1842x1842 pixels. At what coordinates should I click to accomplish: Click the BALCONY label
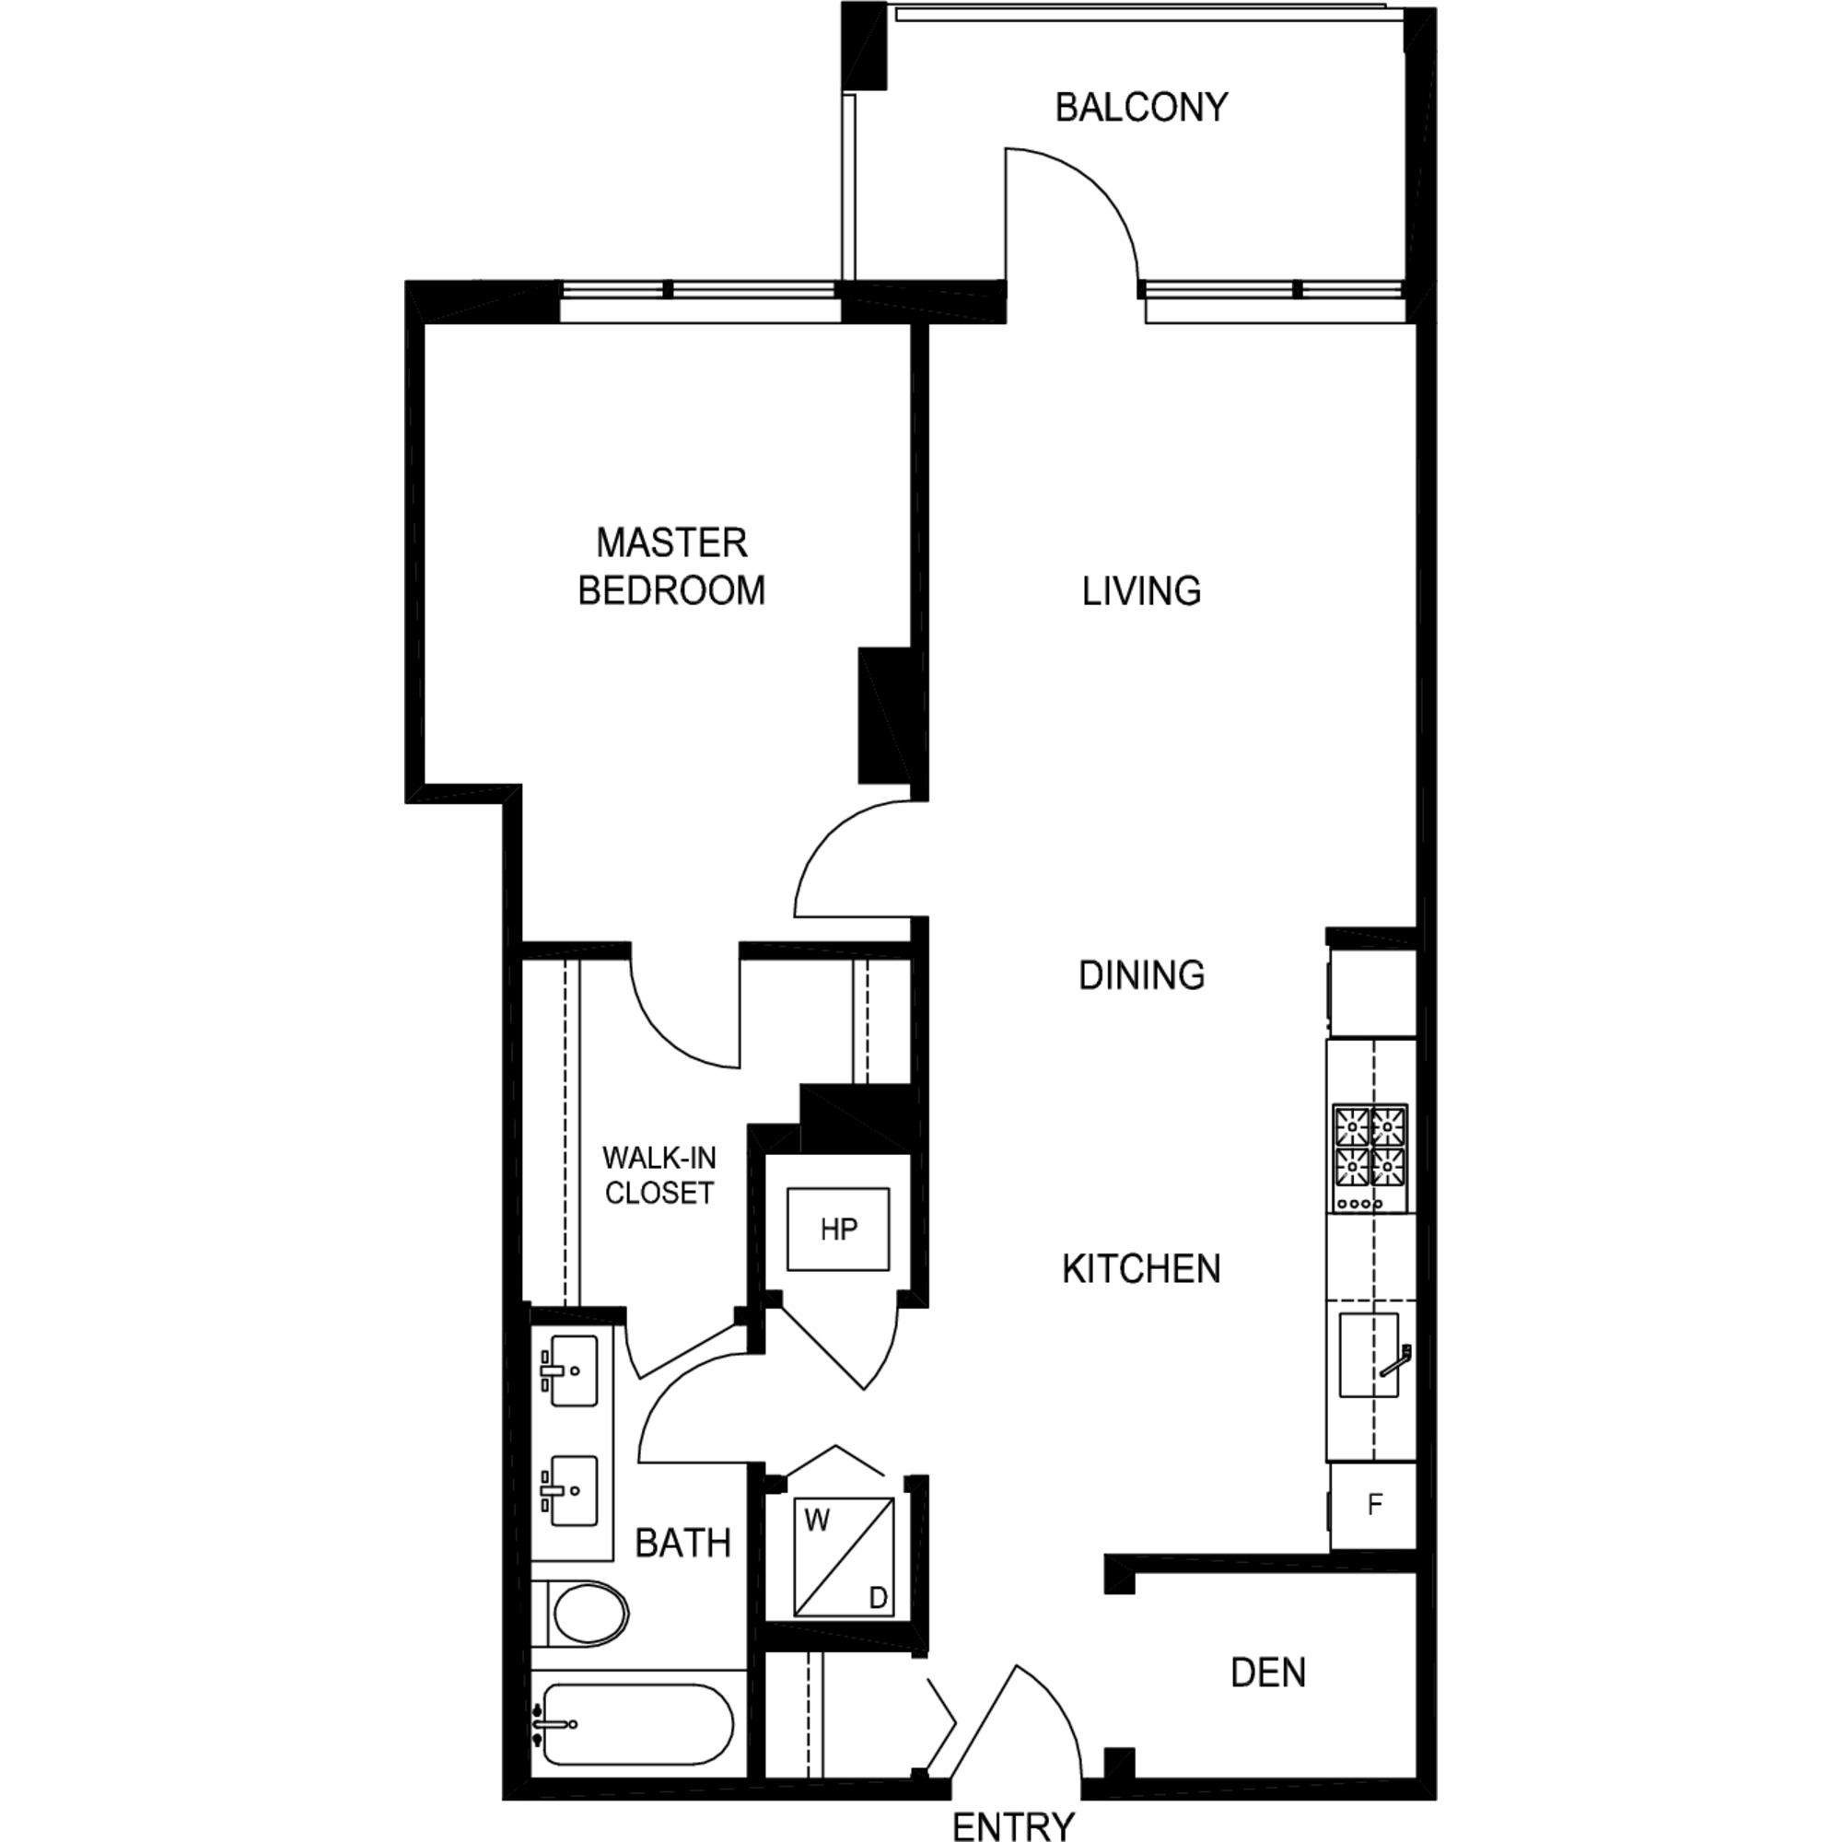click(x=1141, y=107)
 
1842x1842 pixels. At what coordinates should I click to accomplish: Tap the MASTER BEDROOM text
click(x=671, y=566)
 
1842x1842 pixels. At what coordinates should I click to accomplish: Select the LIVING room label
click(x=1141, y=591)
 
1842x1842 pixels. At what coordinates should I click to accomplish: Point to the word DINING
click(x=1141, y=974)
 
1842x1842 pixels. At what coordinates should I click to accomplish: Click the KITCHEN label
click(x=1141, y=1269)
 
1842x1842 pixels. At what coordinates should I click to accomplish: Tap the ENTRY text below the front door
click(x=1013, y=1825)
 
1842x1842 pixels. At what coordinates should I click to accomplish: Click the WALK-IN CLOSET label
click(x=659, y=1174)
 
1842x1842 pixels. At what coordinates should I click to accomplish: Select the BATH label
click(x=682, y=1543)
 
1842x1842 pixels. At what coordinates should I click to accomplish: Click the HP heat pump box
click(x=838, y=1229)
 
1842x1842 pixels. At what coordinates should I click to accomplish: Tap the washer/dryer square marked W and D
click(x=844, y=1556)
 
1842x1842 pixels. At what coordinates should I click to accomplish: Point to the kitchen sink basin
click(x=1369, y=1355)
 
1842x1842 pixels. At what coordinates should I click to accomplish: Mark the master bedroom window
click(x=699, y=301)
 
